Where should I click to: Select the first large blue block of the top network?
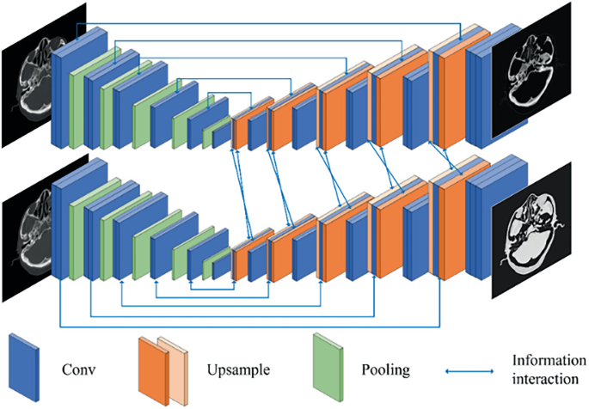pyautogui.click(x=64, y=91)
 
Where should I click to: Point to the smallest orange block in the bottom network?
pyautogui.click(x=240, y=259)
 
